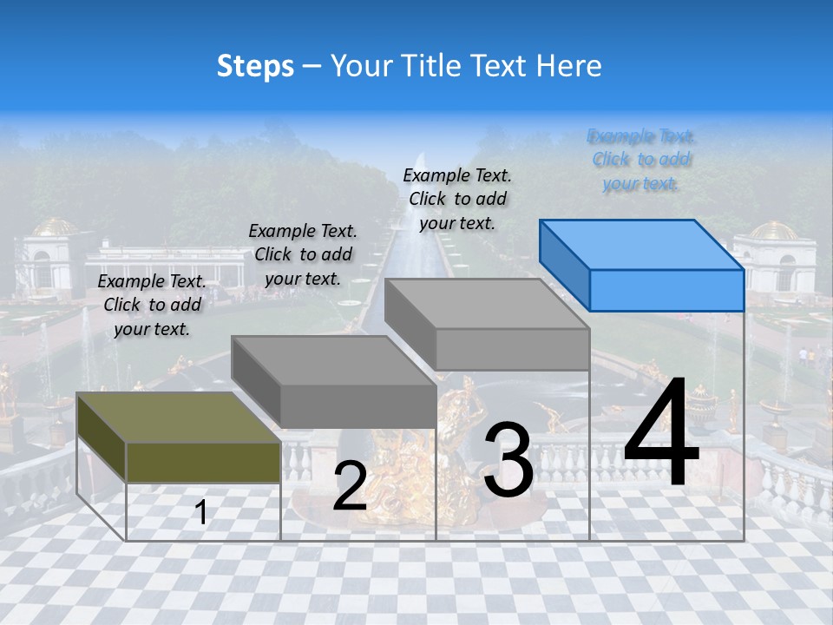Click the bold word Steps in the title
point(255,66)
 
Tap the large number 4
point(661,434)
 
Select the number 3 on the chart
point(508,461)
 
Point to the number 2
point(350,486)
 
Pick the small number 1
point(201,513)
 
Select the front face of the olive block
point(203,462)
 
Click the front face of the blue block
point(666,290)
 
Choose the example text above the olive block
point(152,306)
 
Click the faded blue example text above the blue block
point(640,160)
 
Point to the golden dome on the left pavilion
point(55,227)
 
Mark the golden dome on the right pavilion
point(772,231)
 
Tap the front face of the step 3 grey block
point(512,349)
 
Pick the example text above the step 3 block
point(457,199)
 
